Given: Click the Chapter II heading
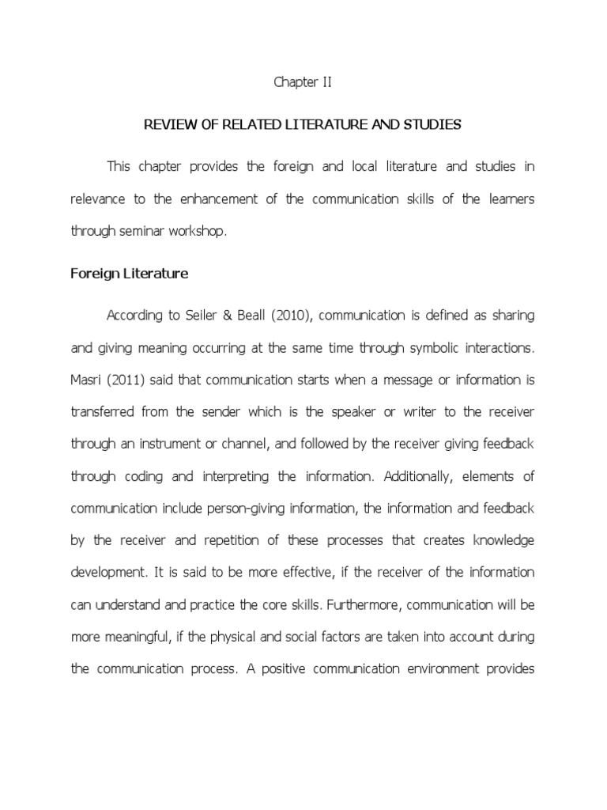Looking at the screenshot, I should pyautogui.click(x=303, y=81).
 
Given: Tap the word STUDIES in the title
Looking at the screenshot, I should pyautogui.click(x=433, y=125).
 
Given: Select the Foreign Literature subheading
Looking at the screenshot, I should pyautogui.click(x=130, y=274).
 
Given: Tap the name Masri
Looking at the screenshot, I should pyautogui.click(x=86, y=380).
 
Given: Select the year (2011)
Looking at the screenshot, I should pyautogui.click(x=123, y=380).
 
